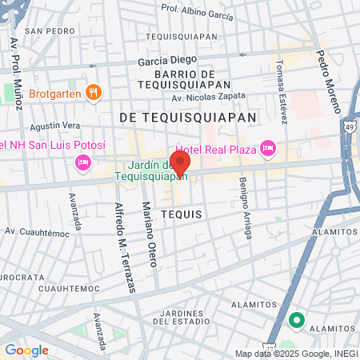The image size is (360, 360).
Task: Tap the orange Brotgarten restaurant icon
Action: [x=94, y=93]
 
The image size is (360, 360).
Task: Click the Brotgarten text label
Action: [x=55, y=94]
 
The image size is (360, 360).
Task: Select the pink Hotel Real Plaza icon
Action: [x=268, y=148]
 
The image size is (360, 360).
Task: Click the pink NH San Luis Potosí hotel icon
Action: [x=82, y=163]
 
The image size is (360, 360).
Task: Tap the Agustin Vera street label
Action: [x=54, y=126]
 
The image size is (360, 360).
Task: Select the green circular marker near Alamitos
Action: [x=296, y=321]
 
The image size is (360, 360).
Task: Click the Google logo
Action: [x=26, y=350]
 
